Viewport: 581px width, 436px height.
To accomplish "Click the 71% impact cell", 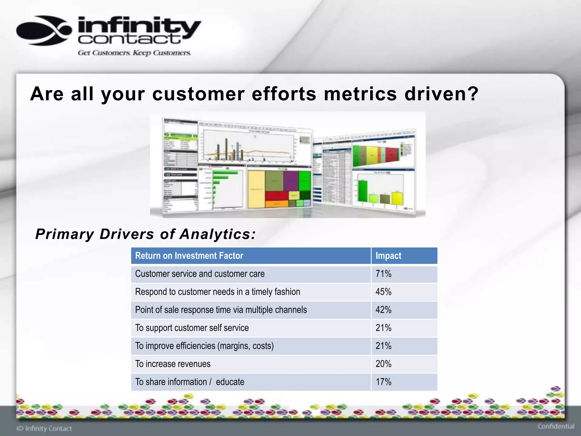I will pyautogui.click(x=383, y=274).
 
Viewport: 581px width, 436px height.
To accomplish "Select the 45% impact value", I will pyautogui.click(x=383, y=292).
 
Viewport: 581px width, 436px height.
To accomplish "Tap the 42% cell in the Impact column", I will pyautogui.click(x=383, y=310).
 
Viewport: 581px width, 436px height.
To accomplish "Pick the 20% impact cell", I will pyautogui.click(x=383, y=364).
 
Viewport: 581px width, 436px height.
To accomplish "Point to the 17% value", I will pyautogui.click(x=383, y=382).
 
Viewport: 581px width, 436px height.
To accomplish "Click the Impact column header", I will pyautogui.click(x=388, y=256).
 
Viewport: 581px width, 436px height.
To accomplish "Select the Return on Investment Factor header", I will pyautogui.click(x=189, y=256).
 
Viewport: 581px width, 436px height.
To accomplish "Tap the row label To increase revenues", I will pyautogui.click(x=173, y=364).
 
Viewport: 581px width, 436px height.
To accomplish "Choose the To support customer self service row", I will pyautogui.click(x=192, y=328).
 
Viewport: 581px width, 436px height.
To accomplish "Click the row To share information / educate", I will pyautogui.click(x=190, y=382).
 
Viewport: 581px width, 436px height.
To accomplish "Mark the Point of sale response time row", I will pyautogui.click(x=221, y=310).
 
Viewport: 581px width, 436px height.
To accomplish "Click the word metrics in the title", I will pyautogui.click(x=360, y=94).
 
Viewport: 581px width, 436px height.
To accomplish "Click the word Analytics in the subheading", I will pyautogui.click(x=218, y=234).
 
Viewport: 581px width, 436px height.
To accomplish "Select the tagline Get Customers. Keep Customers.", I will pyautogui.click(x=134, y=53).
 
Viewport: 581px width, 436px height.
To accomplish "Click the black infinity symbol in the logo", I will pyautogui.click(x=44, y=31).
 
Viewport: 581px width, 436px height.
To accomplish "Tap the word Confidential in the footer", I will pyautogui.click(x=556, y=427).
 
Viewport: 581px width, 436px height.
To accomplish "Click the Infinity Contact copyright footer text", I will pyautogui.click(x=45, y=428).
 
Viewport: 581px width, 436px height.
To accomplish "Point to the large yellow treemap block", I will pyautogui.click(x=256, y=189).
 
